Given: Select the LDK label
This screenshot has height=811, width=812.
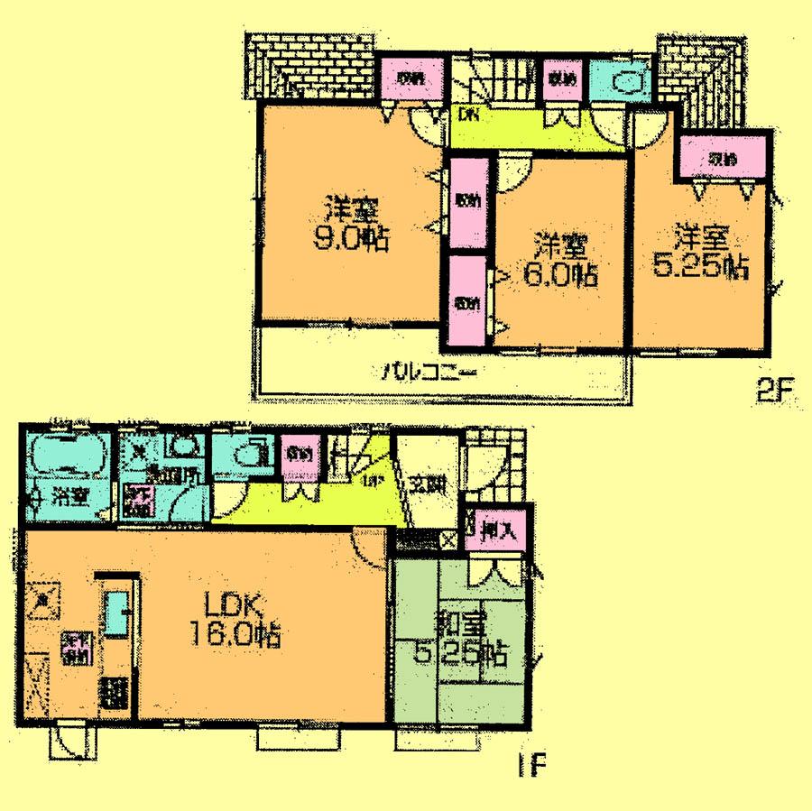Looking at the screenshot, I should (235, 605).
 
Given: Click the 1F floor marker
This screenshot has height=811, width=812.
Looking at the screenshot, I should (533, 767).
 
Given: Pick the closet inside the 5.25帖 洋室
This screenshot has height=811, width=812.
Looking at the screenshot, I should (722, 159).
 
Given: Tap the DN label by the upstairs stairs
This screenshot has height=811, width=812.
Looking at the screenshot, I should (467, 115).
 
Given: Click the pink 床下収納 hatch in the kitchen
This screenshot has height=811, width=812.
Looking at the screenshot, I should (72, 649).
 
